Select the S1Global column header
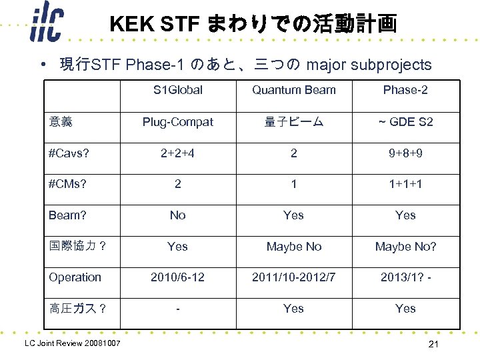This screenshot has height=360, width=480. [177, 90]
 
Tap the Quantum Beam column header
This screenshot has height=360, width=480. [293, 90]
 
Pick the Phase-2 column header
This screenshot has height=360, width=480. [405, 90]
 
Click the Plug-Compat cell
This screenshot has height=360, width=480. [177, 122]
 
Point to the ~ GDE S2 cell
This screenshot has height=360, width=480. [405, 122]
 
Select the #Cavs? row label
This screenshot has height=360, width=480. [69, 153]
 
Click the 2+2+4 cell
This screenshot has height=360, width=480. [177, 153]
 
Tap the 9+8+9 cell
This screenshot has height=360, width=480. [405, 153]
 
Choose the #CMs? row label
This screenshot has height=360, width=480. [67, 184]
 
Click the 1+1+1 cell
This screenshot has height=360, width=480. [405, 184]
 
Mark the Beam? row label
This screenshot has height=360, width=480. [67, 215]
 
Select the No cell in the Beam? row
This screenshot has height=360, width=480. [177, 215]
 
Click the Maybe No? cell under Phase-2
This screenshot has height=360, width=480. [405, 247]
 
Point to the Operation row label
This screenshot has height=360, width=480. [75, 277]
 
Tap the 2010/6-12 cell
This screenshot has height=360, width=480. [177, 277]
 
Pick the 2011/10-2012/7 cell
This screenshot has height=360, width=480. [293, 277]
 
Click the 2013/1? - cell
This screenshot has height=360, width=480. [405, 277]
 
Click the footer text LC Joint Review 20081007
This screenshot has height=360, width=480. [72, 343]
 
